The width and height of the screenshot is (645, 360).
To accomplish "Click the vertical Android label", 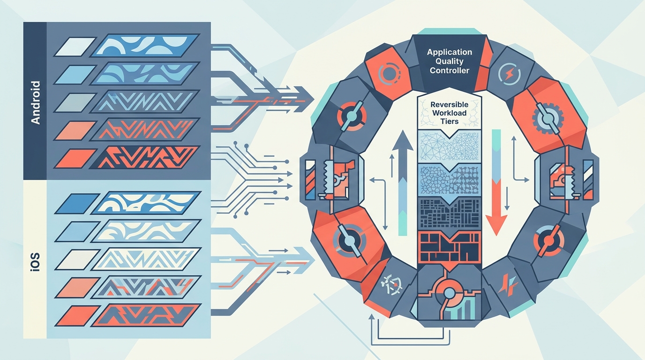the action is coord(35,103).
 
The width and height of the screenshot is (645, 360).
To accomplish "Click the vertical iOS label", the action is coord(35,262).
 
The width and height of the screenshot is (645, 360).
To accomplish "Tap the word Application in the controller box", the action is coord(449,52).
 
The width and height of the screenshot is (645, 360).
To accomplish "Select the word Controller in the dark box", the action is coord(449,70).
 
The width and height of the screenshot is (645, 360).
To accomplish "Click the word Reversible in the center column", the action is coord(450,104).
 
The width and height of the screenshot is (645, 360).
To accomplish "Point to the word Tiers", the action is coord(450,121).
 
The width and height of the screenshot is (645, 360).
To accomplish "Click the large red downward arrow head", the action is coord(496,225).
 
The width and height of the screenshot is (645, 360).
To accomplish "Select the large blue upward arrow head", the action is coord(403,141).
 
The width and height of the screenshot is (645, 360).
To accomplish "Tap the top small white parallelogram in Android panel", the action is coord(75,47).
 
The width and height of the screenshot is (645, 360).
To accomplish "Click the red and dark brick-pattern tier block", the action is coord(449,247).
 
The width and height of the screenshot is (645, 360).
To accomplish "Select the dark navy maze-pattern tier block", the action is coord(449,213).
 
